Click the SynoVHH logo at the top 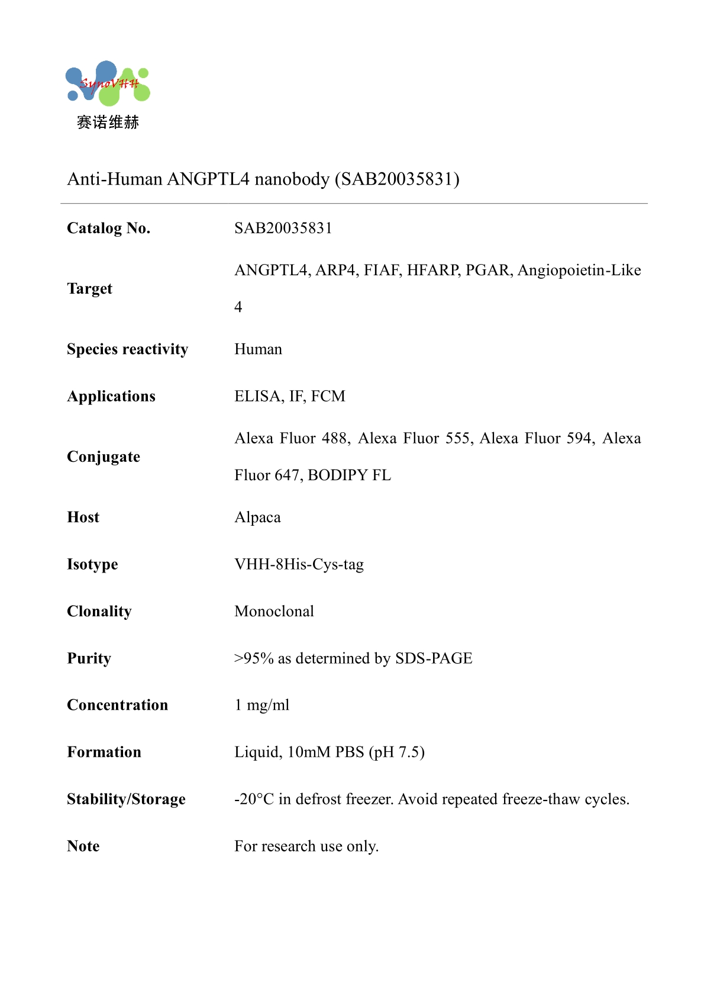(108, 83)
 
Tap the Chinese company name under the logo (108, 123)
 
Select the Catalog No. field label (109, 228)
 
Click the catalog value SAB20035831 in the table (283, 228)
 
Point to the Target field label (89, 288)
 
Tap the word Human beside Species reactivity (258, 349)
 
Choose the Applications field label (111, 396)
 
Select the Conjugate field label (104, 456)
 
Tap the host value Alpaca (257, 517)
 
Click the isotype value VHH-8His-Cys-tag (299, 564)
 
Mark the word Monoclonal (274, 611)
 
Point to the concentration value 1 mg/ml (262, 705)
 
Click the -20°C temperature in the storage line (254, 799)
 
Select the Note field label (83, 846)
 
